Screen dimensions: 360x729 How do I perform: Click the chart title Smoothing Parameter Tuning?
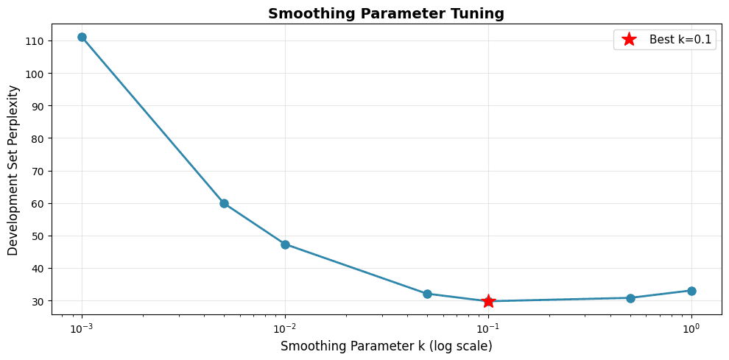tap(387, 13)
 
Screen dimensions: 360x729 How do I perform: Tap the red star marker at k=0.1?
tap(488, 301)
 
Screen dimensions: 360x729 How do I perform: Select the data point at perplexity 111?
tap(82, 37)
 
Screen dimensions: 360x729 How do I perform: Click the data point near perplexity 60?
tap(224, 203)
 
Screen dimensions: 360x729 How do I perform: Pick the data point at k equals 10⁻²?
tap(285, 244)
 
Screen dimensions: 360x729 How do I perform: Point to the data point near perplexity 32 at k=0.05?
tap(427, 294)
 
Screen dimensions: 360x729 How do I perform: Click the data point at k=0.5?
tap(630, 298)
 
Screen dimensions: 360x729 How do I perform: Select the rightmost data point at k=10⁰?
tap(691, 291)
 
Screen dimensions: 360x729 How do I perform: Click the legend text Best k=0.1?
tap(680, 40)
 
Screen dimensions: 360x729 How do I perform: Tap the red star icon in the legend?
tap(629, 40)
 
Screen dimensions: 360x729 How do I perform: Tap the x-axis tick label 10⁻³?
tap(82, 327)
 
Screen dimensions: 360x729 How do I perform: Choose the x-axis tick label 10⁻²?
tap(285, 327)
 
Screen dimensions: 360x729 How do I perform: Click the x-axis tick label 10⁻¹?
tap(488, 327)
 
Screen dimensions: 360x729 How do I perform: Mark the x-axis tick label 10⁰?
tap(691, 327)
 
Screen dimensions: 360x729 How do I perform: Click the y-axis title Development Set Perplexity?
tap(13, 170)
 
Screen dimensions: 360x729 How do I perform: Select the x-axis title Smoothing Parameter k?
tap(387, 346)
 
